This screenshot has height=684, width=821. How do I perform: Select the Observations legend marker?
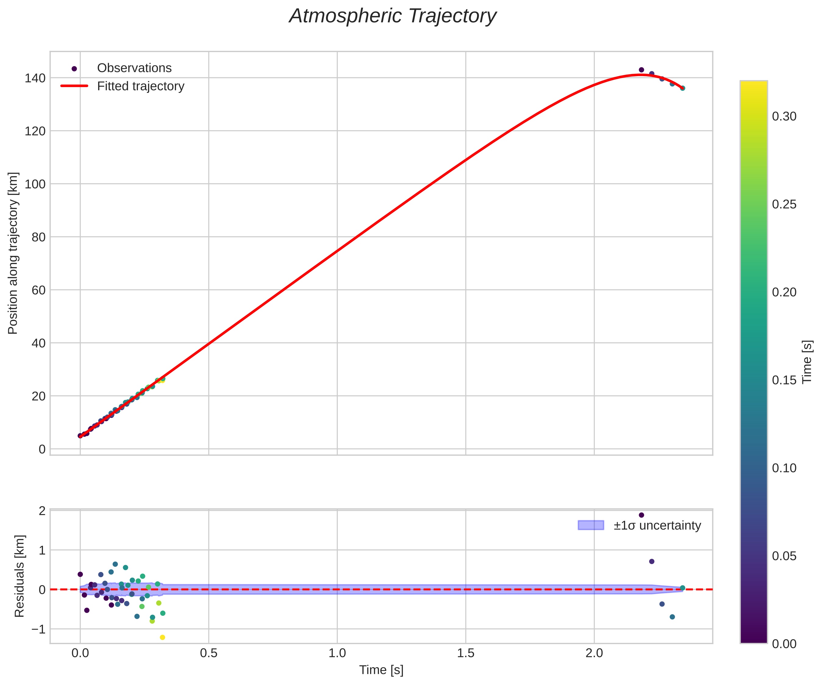click(x=74, y=69)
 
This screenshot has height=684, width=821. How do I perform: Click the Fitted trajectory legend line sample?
click(x=74, y=86)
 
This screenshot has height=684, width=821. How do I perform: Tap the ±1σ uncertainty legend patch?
click(x=591, y=525)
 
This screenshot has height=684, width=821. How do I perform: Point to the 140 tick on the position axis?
click(x=35, y=78)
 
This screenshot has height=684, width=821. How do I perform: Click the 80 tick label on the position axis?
click(x=38, y=237)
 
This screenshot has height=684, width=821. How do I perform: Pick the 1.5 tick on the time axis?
click(x=465, y=653)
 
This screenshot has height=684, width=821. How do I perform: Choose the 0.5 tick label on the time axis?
click(x=209, y=653)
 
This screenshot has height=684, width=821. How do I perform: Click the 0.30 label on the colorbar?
click(x=784, y=116)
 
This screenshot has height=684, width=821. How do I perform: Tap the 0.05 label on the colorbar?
click(x=784, y=556)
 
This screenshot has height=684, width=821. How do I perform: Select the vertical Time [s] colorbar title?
click(x=807, y=362)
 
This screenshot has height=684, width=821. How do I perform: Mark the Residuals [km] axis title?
click(x=19, y=576)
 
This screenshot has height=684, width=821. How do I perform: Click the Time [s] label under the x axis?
click(x=381, y=670)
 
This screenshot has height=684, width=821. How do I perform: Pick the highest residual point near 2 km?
click(x=641, y=515)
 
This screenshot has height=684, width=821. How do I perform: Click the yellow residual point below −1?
click(x=163, y=637)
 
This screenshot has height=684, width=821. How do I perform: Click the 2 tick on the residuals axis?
click(x=42, y=511)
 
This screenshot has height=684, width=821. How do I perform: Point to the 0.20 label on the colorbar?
click(x=784, y=292)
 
